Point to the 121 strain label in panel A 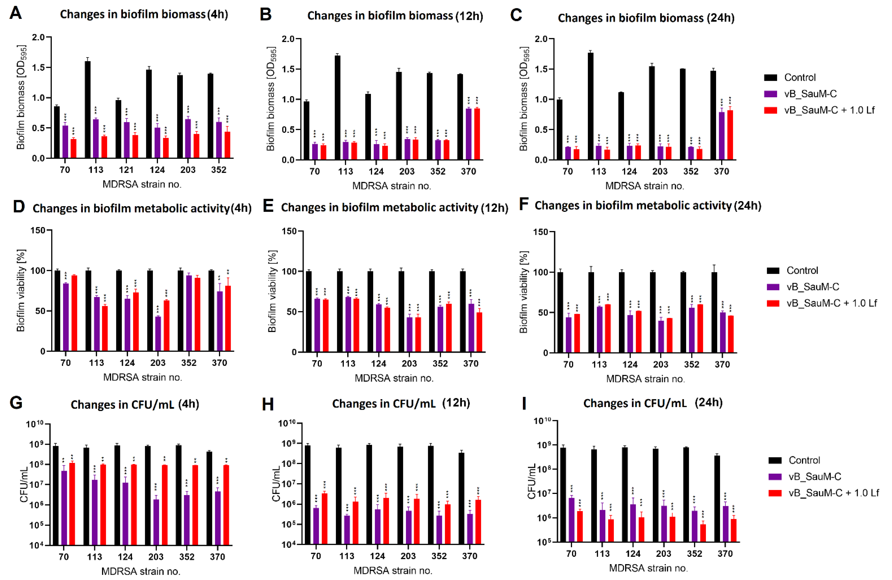click(x=126, y=170)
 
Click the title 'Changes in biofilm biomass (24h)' click(x=646, y=18)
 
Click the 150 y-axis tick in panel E click(x=289, y=232)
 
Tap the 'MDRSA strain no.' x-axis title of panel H click(x=393, y=571)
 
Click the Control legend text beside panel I click(x=804, y=460)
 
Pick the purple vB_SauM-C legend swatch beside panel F click(x=773, y=287)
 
